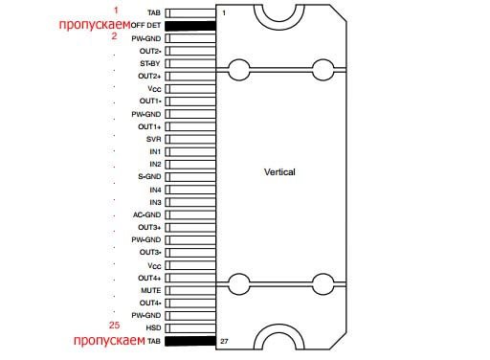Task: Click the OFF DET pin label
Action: coord(145,26)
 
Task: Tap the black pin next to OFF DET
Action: coord(190,26)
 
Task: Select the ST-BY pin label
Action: coord(150,63)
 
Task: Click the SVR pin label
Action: coord(153,139)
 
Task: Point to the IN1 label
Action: coord(155,151)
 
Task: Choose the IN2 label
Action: coord(155,164)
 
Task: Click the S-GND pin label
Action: coord(149,176)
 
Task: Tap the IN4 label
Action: coord(155,190)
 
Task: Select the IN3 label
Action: coord(155,202)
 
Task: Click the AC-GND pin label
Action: coord(146,214)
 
